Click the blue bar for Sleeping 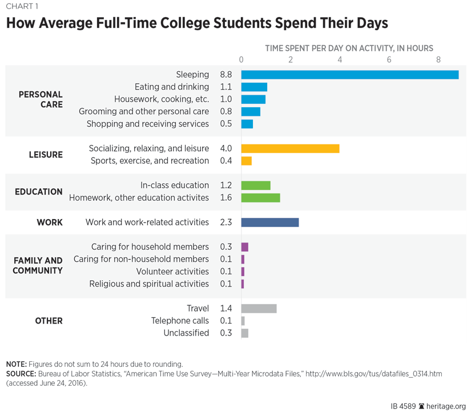pos(349,75)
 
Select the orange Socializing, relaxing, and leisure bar pos(290,148)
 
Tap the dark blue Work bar pos(269,223)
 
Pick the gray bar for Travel pos(259,309)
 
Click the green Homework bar pos(260,198)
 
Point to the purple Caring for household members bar pos(244,247)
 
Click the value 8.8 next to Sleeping pos(226,75)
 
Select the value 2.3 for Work pos(226,223)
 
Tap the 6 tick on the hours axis pos(389,60)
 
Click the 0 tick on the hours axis pos(241,60)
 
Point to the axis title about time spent pos(349,49)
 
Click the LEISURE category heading pos(46,155)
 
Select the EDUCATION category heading pos(39,192)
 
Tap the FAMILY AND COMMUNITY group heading pos(38,265)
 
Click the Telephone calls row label pos(180,321)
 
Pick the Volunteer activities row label pos(172,272)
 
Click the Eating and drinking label pos(172,87)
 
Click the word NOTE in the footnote pos(17,364)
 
